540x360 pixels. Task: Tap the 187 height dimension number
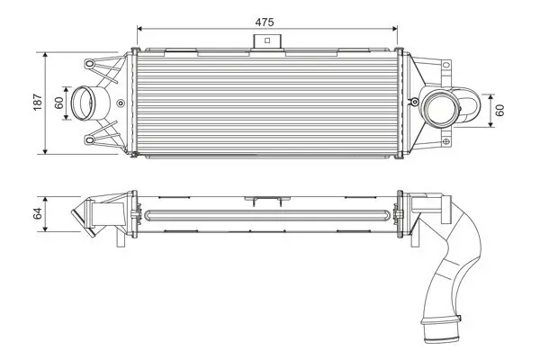(37, 103)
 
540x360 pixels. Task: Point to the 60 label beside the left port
(59, 103)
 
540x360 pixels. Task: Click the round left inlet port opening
(86, 103)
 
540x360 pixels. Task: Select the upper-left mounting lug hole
(92, 65)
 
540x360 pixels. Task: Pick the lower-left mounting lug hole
(92, 139)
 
